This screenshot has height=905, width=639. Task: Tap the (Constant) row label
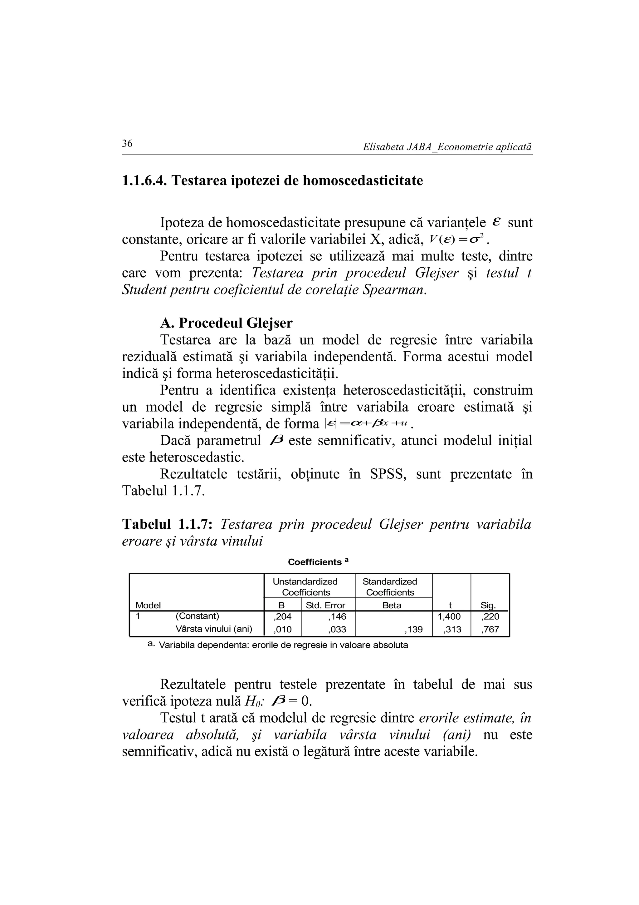click(197, 616)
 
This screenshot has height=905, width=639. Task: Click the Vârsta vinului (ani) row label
click(213, 629)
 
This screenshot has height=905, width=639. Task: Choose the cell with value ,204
click(282, 616)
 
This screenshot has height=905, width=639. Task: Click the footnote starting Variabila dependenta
click(283, 645)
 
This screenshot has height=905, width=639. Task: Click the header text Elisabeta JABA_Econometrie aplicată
click(447, 147)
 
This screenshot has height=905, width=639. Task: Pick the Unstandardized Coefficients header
click(305, 587)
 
